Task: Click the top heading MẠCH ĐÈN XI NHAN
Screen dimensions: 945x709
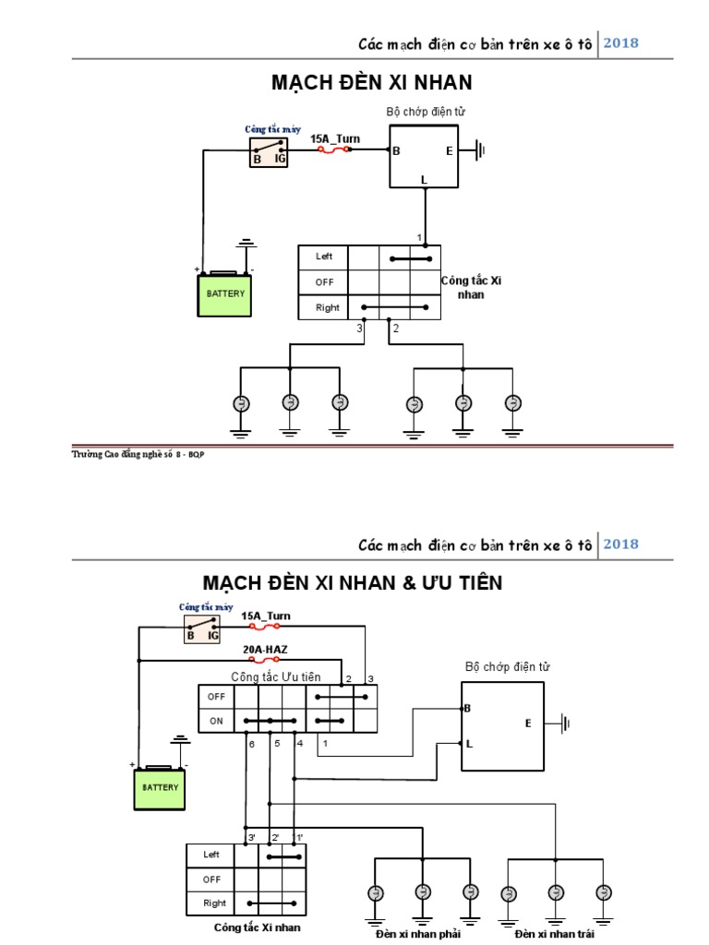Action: (x=371, y=83)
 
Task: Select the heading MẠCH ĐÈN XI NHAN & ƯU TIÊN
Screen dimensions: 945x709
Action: (x=353, y=583)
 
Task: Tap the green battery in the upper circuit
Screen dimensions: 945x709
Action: (x=226, y=294)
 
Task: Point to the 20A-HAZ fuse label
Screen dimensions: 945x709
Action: (x=265, y=649)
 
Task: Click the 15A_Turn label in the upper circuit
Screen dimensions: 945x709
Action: (x=334, y=139)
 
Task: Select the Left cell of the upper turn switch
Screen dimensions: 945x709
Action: (x=324, y=257)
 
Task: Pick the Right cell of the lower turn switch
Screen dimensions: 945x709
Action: (x=214, y=903)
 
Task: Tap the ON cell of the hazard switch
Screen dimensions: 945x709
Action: (x=216, y=722)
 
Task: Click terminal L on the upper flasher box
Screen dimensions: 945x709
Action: (x=424, y=180)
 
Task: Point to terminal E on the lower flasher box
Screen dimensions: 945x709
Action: (x=528, y=724)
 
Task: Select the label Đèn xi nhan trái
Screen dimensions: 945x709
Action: (x=554, y=935)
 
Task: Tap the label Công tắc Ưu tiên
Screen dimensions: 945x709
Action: (x=275, y=676)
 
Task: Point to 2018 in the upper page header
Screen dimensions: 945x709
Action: (x=620, y=42)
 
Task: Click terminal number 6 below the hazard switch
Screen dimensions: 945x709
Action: (x=251, y=744)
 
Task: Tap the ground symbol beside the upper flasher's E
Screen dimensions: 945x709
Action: (x=478, y=150)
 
